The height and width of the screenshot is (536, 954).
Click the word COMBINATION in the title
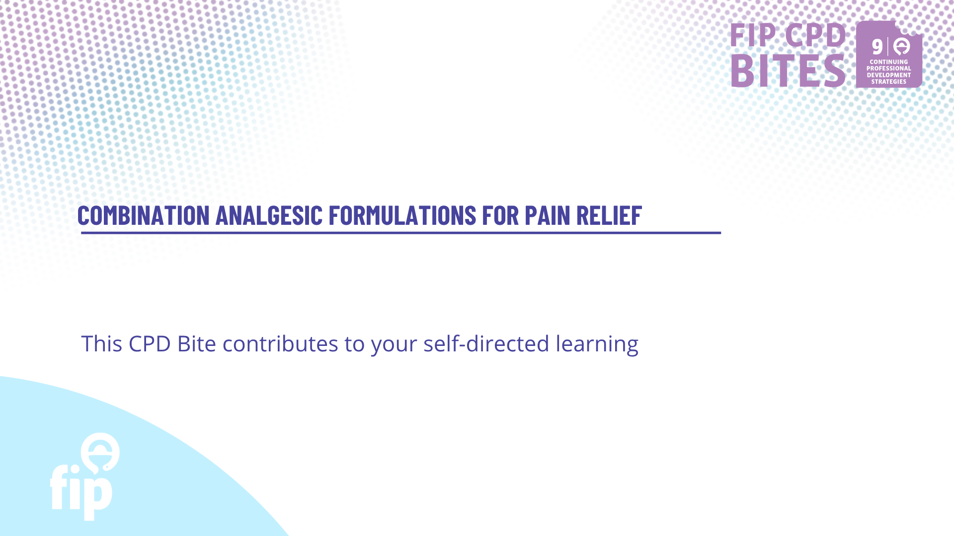[144, 215]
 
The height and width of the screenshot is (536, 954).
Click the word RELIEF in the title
[609, 215]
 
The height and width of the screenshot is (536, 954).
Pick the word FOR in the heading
[501, 215]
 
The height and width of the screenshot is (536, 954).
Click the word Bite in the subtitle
[197, 343]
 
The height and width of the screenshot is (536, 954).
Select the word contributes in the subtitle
[280, 343]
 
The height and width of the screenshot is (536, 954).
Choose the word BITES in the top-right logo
[788, 70]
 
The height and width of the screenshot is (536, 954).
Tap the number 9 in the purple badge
[877, 47]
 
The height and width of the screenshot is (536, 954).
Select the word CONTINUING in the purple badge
[889, 62]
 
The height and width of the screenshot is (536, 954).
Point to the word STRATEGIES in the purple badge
[889, 82]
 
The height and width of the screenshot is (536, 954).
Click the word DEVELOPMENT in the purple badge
[889, 75]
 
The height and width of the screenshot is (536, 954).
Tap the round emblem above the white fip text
[100, 452]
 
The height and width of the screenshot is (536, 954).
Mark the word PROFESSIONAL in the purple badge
[889, 68]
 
